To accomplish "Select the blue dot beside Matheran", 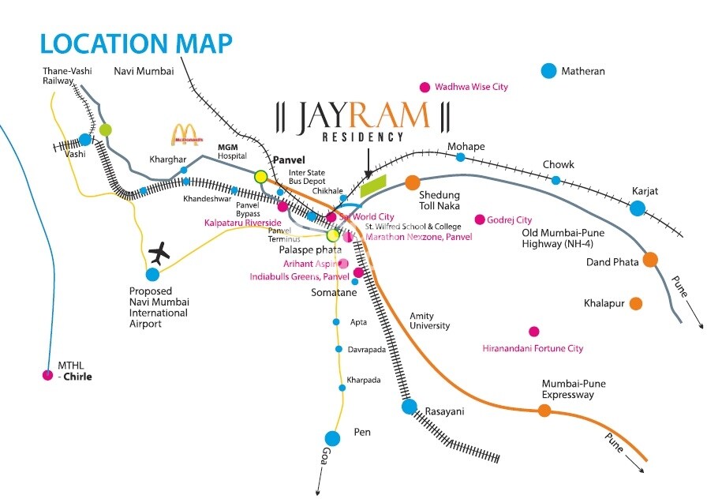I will (x=549, y=71).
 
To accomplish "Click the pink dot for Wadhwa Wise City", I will (x=425, y=88).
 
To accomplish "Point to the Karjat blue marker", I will (x=637, y=208).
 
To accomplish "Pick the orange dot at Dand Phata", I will (x=650, y=259).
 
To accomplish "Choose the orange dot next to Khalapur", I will (x=636, y=303).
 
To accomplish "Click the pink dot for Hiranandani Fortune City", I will (x=534, y=332).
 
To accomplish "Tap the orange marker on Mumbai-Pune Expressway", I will (x=544, y=410).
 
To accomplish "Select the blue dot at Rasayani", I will (x=409, y=407).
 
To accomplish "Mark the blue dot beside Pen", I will (x=332, y=438).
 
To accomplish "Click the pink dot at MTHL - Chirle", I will (x=47, y=375).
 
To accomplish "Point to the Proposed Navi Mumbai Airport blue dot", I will (x=152, y=274).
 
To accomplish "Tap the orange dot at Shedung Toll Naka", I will (x=412, y=183).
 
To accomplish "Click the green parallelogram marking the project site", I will (x=373, y=186).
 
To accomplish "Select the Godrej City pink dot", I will (x=479, y=219).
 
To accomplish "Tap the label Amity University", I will (x=429, y=321).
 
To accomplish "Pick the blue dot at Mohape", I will (x=460, y=157).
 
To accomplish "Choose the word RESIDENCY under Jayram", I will (x=363, y=137).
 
